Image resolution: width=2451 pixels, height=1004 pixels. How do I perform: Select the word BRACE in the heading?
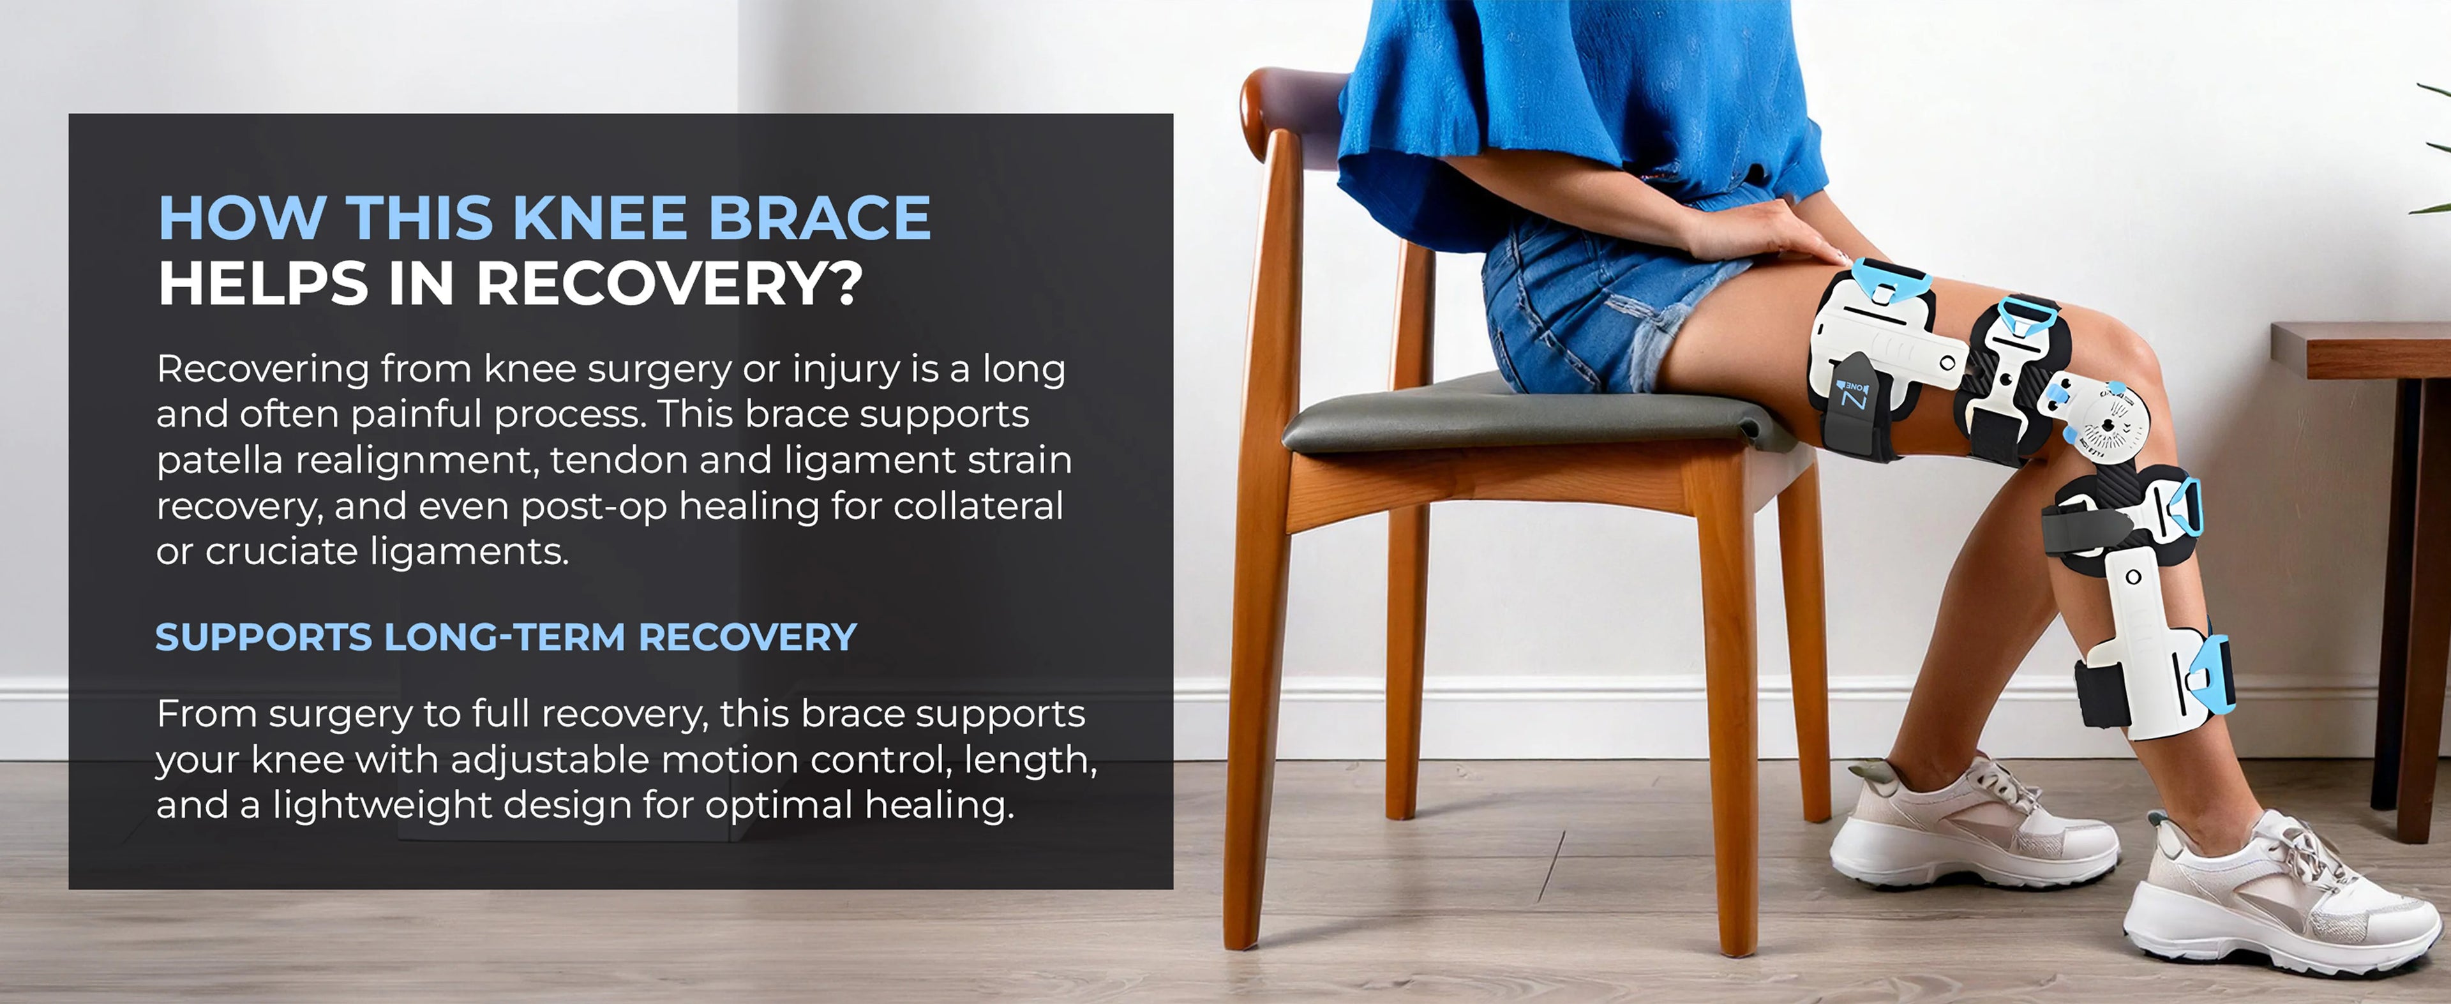tap(819, 218)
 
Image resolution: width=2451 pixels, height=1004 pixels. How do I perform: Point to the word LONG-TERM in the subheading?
tap(504, 636)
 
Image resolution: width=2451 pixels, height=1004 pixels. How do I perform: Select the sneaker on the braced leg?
tap(2284, 899)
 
